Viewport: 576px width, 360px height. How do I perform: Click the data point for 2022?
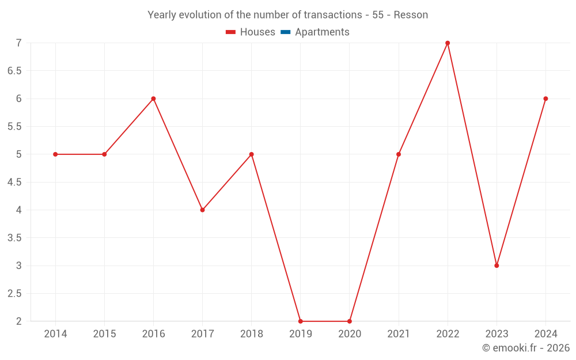(x=448, y=43)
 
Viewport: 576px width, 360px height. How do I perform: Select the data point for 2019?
(x=301, y=321)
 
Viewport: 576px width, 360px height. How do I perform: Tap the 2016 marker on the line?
(x=153, y=98)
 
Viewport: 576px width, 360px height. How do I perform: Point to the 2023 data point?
(x=497, y=266)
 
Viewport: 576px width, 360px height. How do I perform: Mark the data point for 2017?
(x=202, y=210)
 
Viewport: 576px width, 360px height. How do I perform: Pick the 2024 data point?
(x=545, y=98)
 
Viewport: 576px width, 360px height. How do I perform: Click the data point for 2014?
(x=55, y=154)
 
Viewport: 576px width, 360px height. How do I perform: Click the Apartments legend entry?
(x=322, y=32)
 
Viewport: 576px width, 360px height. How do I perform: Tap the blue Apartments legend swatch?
(x=285, y=32)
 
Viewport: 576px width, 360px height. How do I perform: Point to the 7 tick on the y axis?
(x=18, y=43)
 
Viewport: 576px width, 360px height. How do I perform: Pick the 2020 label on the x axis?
(x=350, y=334)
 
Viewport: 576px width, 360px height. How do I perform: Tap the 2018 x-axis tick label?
(x=252, y=334)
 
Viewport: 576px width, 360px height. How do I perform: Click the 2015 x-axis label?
(x=104, y=334)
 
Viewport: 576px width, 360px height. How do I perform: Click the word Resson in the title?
(x=411, y=15)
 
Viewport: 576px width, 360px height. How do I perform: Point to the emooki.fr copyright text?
(x=526, y=348)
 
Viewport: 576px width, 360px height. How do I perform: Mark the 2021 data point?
(x=399, y=154)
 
